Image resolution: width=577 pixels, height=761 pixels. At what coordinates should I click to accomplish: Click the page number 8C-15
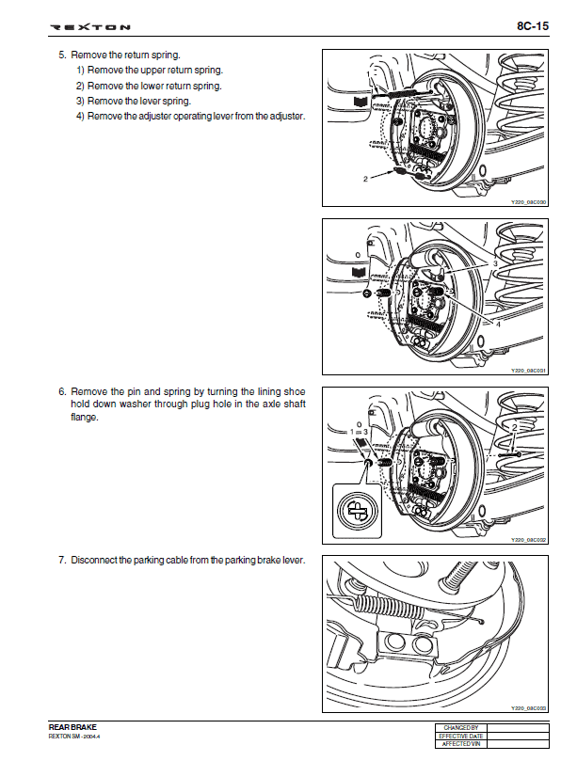tap(533, 26)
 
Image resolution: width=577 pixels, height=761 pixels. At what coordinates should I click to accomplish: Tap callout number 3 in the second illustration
tap(495, 264)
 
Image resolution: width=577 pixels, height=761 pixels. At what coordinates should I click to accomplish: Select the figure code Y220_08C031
tap(528, 372)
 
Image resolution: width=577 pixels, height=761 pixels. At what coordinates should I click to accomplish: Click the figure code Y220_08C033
tap(528, 708)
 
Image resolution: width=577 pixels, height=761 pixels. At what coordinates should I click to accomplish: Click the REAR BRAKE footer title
tap(72, 727)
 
